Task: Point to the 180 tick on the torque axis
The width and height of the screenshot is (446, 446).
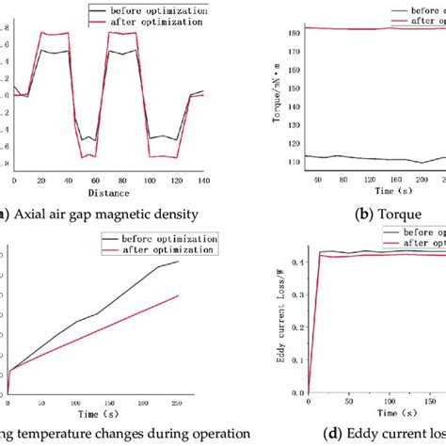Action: point(296,32)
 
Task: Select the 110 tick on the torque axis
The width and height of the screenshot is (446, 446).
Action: point(296,161)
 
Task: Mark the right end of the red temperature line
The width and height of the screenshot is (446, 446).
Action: point(178,295)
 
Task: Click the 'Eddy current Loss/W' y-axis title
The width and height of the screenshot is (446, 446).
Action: point(281,329)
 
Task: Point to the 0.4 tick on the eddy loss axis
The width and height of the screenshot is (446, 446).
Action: point(299,263)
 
